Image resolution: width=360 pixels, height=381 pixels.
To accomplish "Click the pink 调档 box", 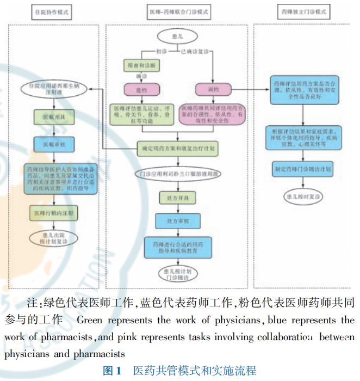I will pyautogui.click(x=213, y=88).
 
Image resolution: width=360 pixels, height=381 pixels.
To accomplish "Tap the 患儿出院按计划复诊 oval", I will pyautogui.click(x=52, y=238).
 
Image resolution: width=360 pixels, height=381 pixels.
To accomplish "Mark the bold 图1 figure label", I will pyautogui.click(x=112, y=371).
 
